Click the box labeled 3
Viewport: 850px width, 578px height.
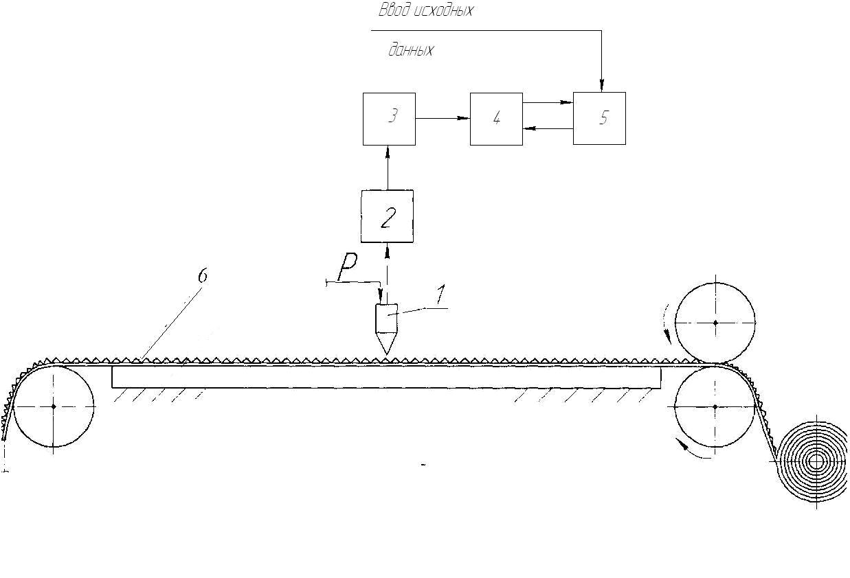click(389, 119)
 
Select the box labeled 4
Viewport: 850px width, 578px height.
click(496, 119)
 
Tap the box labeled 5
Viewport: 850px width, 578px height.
click(599, 118)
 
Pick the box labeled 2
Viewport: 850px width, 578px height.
click(388, 216)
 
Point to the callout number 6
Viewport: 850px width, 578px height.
click(202, 276)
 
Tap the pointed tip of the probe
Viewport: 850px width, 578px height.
click(386, 353)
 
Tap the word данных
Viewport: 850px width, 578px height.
click(411, 50)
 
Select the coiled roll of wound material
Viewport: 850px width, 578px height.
click(816, 461)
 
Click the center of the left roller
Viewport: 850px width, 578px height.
click(54, 406)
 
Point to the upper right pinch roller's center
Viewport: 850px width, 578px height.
click(715, 322)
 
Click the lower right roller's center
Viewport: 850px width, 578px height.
click(715, 406)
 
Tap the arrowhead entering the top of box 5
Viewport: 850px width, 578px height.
click(601, 86)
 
